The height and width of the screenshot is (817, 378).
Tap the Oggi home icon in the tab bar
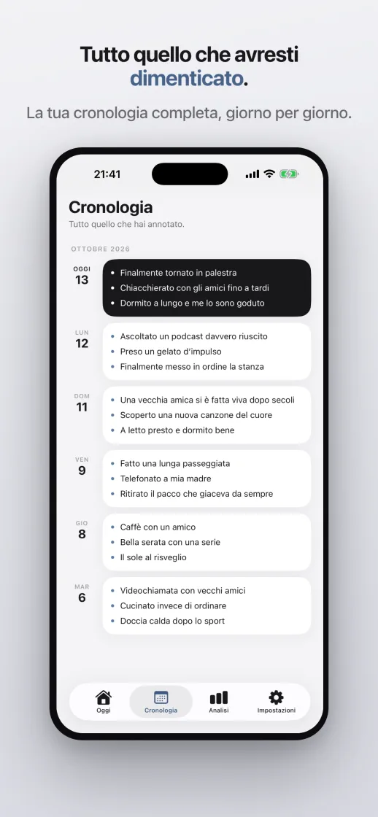point(103,697)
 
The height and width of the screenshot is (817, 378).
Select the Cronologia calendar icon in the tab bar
point(161,697)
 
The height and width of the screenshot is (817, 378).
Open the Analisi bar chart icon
point(218,697)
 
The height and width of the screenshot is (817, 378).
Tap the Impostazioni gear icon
point(276,697)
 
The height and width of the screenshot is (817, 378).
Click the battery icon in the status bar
point(289,174)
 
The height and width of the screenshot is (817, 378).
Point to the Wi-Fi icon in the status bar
point(269,174)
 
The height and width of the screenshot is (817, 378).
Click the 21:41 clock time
point(107,174)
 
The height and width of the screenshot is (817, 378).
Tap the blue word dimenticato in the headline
point(186,79)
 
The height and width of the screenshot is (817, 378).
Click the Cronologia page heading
point(110,207)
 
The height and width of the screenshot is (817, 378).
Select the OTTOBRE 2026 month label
point(101,249)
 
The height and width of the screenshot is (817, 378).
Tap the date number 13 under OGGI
point(82,280)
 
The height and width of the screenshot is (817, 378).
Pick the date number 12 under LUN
point(82,344)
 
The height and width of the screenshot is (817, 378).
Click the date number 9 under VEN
point(82,471)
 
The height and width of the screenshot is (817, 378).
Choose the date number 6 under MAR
point(82,598)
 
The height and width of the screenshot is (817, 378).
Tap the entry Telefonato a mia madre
point(166,479)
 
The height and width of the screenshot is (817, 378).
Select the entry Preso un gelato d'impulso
point(171,351)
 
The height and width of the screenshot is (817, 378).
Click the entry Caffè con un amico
point(158,527)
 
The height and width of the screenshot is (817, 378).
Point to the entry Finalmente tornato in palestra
point(178,273)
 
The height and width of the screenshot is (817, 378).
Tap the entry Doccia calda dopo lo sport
point(172,621)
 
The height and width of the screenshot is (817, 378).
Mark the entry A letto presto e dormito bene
point(177,430)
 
